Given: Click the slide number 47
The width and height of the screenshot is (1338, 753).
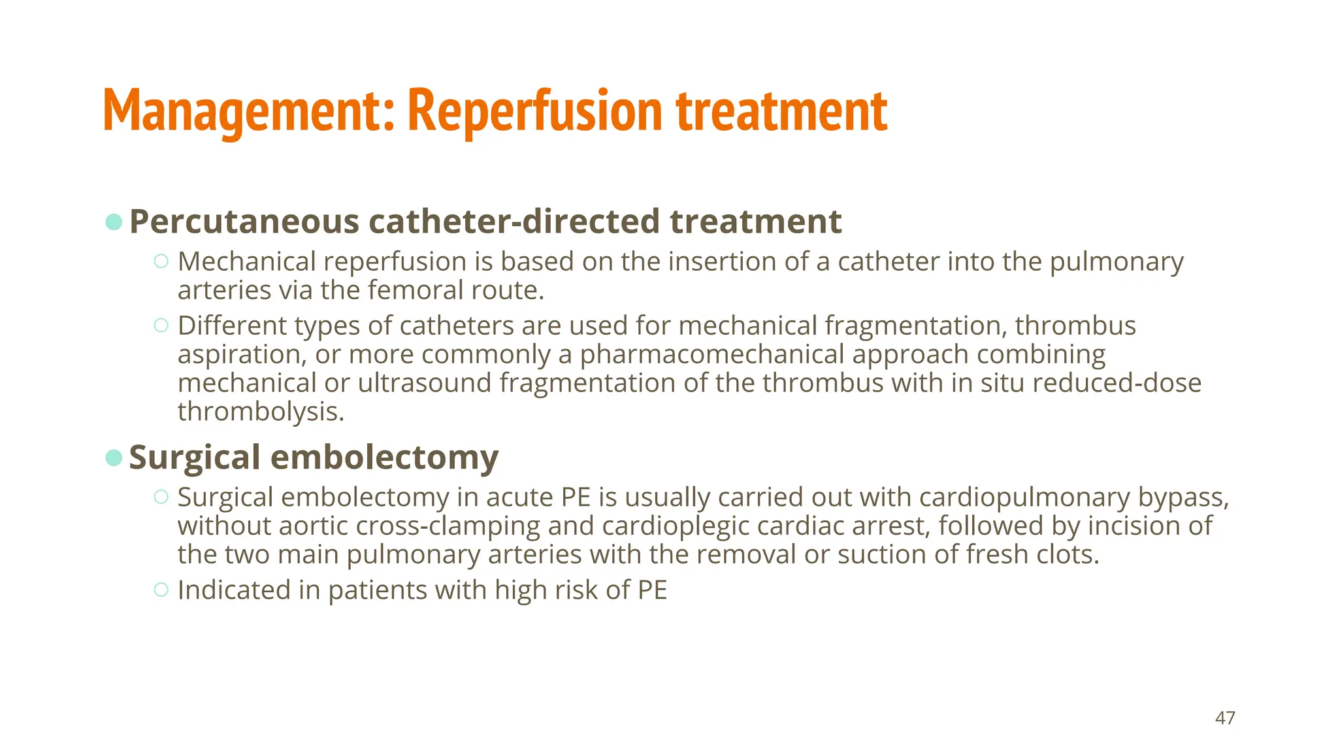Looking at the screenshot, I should pos(1225,718).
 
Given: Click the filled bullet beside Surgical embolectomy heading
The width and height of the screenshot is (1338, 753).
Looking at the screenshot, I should pos(114,458).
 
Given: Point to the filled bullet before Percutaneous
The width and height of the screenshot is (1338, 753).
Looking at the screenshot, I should pos(114,222).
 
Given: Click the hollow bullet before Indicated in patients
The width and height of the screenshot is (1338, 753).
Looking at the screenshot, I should pos(161,590).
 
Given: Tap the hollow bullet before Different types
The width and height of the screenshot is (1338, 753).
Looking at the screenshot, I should pos(161,325).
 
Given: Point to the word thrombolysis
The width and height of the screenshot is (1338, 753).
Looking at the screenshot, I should pos(260,412).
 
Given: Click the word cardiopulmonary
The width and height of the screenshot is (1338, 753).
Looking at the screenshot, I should pos(1024,497).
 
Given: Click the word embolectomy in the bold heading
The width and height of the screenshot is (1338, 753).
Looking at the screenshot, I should pos(384,458).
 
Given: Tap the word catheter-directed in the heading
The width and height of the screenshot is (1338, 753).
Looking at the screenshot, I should pos(515,222).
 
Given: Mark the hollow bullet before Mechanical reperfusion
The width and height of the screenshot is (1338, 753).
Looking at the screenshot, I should pos(161,261).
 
